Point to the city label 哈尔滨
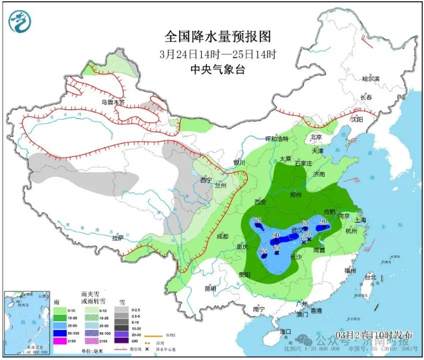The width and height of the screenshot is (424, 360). [370, 80]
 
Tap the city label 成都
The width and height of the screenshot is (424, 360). [220, 237]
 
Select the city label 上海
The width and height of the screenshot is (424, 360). [361, 219]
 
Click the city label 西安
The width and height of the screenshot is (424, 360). [260, 202]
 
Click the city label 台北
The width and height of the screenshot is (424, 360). [370, 279]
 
